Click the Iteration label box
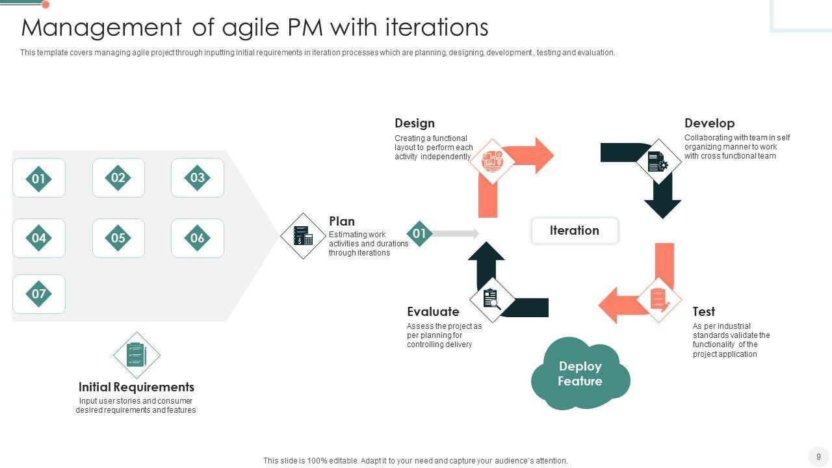[575, 231]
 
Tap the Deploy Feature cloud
[580, 374]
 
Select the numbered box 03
[198, 177]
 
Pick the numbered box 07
[39, 294]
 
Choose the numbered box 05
[118, 238]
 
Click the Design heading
[415, 123]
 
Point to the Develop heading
[709, 123]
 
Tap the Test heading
[704, 311]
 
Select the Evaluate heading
[433, 311]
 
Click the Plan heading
[342, 221]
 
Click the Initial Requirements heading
[136, 387]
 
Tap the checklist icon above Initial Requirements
[136, 355]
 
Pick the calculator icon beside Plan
[303, 235]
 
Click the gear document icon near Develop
[658, 161]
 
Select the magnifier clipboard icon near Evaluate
[492, 300]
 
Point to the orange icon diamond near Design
[492, 161]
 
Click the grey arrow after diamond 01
[456, 233]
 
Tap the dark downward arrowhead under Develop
[663, 207]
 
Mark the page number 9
[818, 456]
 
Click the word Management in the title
[101, 28]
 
